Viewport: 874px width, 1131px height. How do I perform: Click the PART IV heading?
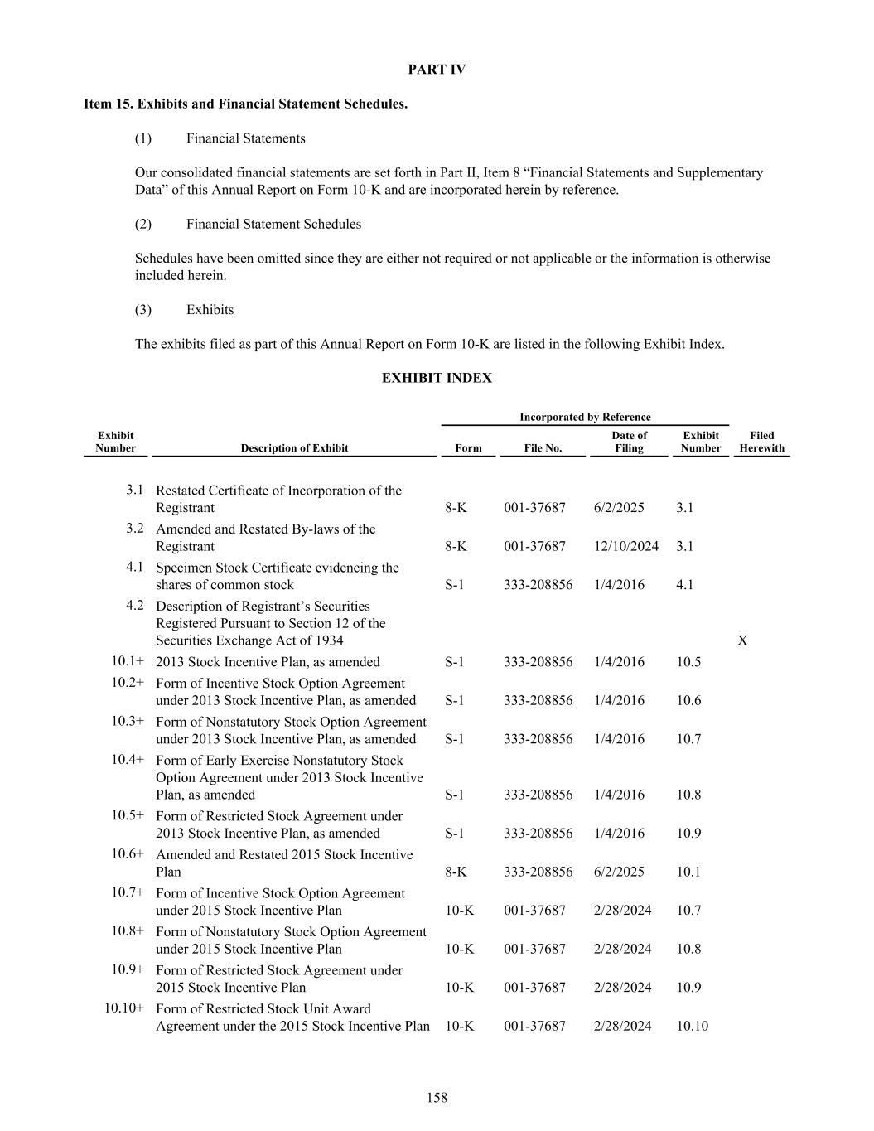437,70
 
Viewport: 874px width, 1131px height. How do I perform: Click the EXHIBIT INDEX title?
437,378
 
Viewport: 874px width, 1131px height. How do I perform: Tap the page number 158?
437,1098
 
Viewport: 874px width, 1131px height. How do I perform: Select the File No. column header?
543,448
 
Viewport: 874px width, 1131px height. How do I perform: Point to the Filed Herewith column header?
761,442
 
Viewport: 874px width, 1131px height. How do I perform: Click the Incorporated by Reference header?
585,417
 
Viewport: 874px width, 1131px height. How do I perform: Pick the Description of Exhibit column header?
294,448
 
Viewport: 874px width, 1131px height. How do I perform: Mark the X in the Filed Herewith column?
742,640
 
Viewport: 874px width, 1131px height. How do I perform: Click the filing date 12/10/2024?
626,546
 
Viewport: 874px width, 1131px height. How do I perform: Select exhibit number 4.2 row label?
134,606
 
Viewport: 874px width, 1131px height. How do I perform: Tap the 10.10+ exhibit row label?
124,1008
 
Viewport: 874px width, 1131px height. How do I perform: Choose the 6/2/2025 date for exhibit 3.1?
619,507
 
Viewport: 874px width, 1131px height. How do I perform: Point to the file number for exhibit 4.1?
538,585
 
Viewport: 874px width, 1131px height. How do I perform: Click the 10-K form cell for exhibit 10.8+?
460,949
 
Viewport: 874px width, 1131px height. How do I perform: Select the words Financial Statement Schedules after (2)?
273,224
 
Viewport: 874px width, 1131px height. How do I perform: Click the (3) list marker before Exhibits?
143,310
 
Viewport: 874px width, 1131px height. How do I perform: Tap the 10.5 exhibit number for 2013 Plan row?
688,662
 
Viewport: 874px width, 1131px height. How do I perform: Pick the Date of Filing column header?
629,442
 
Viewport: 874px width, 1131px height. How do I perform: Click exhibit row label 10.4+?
128,760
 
